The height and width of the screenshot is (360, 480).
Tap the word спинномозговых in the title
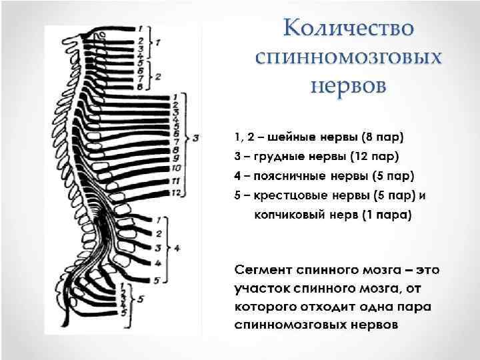(x=349, y=57)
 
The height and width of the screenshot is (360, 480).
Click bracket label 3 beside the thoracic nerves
(x=196, y=138)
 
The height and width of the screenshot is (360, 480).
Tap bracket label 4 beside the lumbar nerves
(x=177, y=248)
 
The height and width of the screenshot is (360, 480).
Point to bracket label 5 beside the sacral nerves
(x=141, y=299)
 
